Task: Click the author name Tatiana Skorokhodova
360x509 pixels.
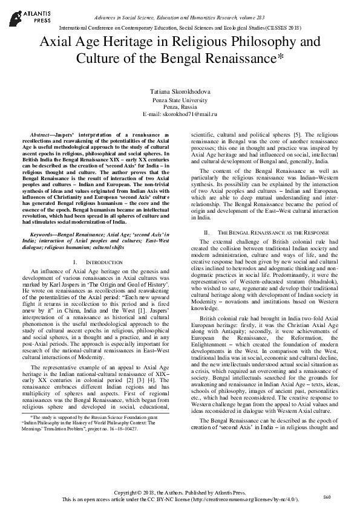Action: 180,91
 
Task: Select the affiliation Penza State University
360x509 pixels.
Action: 180,99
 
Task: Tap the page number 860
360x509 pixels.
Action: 327,496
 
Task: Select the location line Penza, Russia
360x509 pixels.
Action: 180,106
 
